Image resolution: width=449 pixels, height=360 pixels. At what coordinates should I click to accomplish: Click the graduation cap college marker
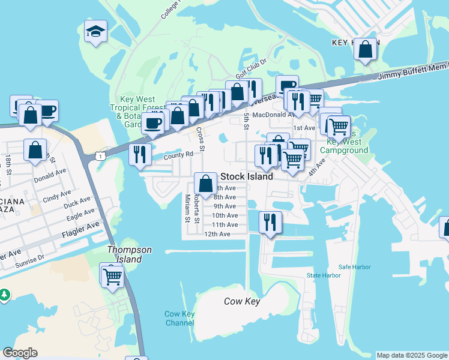pyautogui.click(x=95, y=32)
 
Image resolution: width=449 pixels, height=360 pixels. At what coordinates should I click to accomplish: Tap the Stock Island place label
pyautogui.click(x=247, y=177)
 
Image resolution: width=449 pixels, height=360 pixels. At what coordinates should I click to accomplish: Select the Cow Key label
pyautogui.click(x=242, y=301)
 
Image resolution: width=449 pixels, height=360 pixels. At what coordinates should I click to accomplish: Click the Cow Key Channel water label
pyautogui.click(x=179, y=319)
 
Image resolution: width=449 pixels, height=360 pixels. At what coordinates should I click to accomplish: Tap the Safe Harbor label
pyautogui.click(x=354, y=267)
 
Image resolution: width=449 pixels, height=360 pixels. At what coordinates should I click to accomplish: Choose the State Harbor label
pyautogui.click(x=324, y=275)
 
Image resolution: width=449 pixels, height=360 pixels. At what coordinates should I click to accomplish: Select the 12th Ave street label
pyautogui.click(x=217, y=234)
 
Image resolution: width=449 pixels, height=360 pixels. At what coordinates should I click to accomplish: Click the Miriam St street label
pyautogui.click(x=187, y=208)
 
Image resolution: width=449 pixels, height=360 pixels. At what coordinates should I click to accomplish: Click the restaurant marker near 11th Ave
pyautogui.click(x=270, y=223)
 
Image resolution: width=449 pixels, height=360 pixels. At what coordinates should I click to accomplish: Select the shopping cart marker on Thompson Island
pyautogui.click(x=112, y=277)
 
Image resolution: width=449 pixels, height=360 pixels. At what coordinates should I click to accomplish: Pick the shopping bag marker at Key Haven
pyautogui.click(x=366, y=50)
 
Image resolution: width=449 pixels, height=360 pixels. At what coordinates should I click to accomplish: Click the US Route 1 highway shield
pyautogui.click(x=100, y=155)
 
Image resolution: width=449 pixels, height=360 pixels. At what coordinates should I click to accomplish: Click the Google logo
pyautogui.click(x=20, y=353)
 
